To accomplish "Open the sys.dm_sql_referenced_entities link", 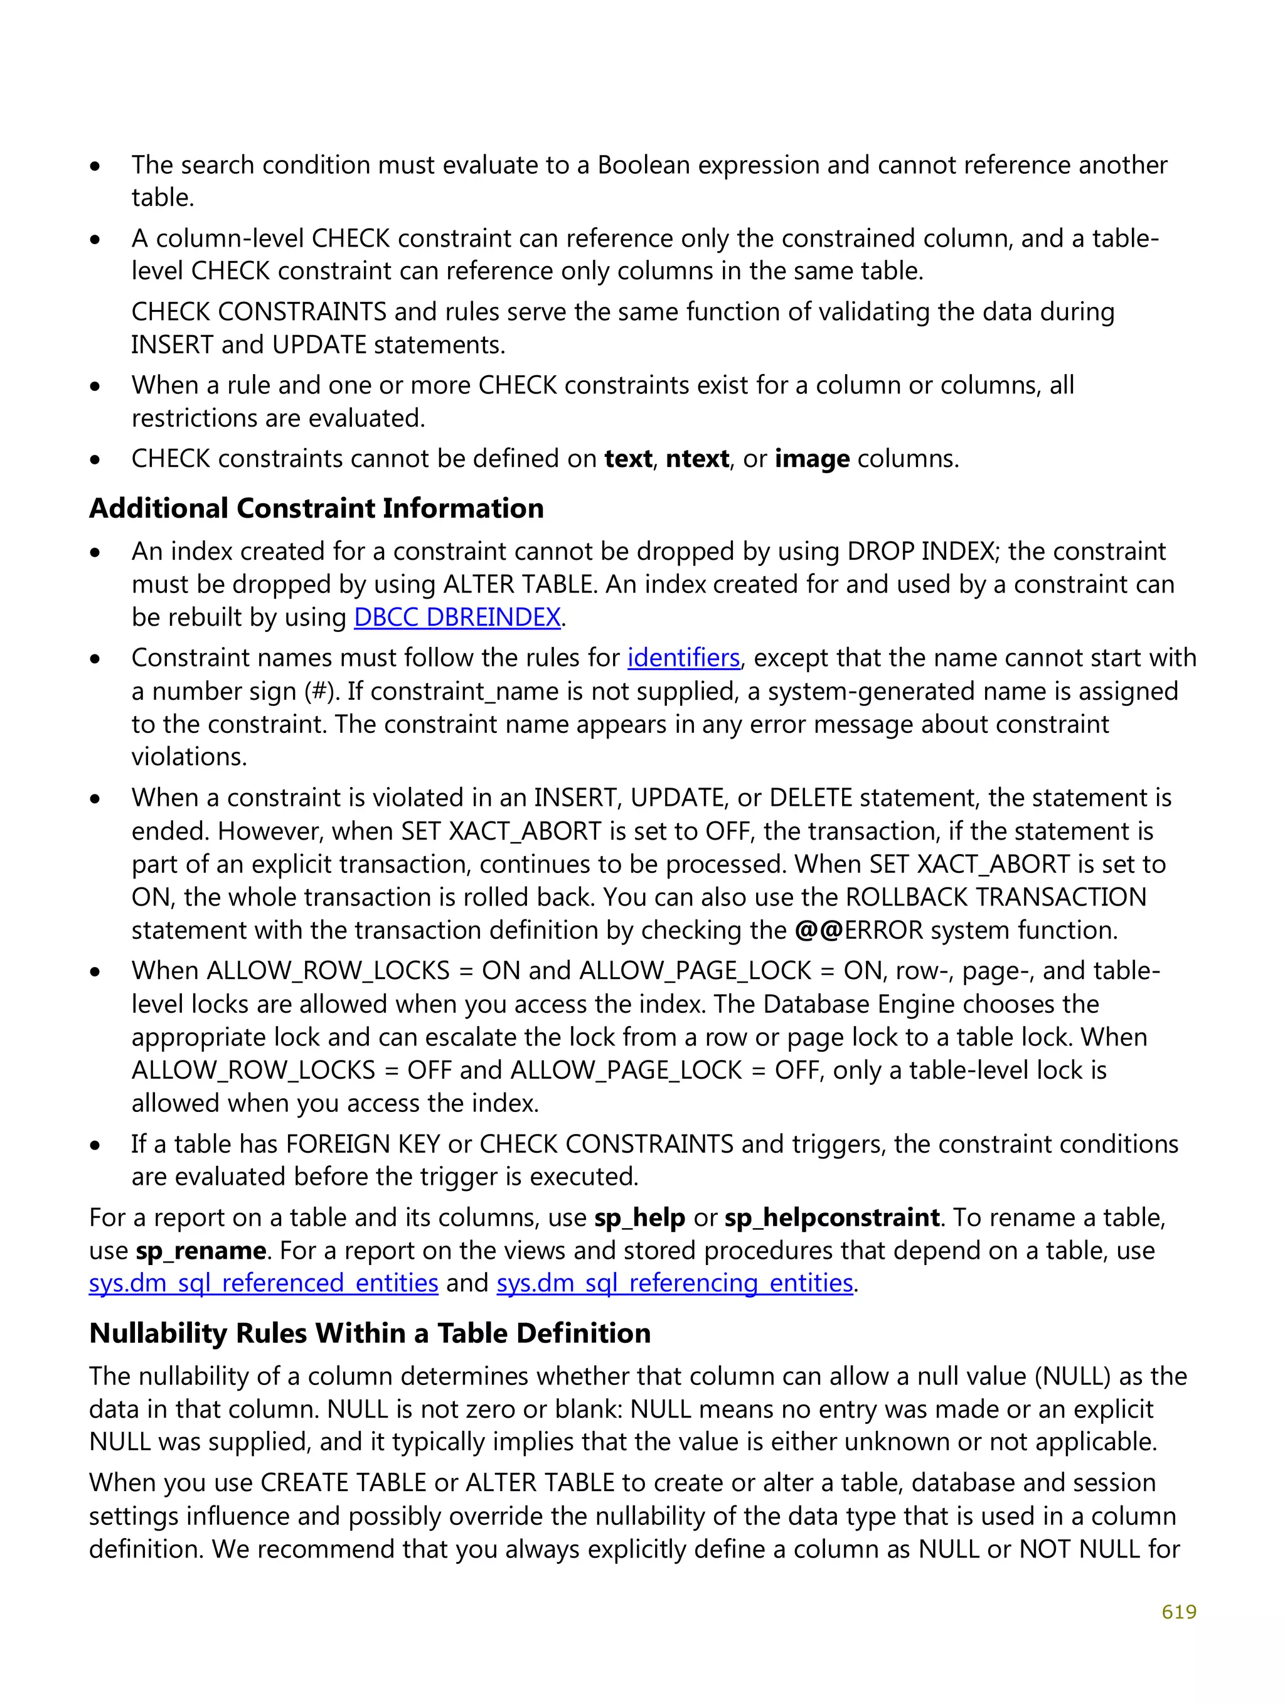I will click(263, 1283).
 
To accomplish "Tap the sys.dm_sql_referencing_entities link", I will click(674, 1283).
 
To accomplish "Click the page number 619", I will click(1178, 1611).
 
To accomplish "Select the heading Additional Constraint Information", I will click(316, 509).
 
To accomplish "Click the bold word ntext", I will click(697, 459).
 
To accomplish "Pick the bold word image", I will click(812, 459).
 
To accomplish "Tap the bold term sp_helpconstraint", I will click(831, 1217).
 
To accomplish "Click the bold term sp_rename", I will click(200, 1250).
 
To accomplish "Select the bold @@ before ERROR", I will click(818, 931).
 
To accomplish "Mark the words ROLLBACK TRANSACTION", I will click(995, 897).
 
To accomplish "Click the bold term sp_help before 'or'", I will click(639, 1217).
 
